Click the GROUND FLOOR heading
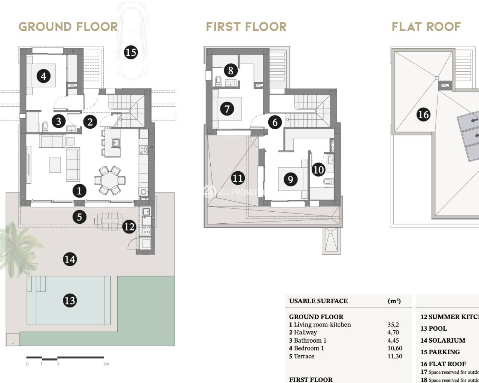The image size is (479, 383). [68, 27]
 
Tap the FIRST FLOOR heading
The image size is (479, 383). [246, 27]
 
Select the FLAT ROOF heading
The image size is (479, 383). [426, 27]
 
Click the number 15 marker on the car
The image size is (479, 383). [131, 52]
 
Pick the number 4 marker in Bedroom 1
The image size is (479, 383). [43, 76]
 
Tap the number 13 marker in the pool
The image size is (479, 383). [70, 300]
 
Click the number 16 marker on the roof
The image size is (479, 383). [423, 114]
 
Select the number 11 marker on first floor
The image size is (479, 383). [238, 178]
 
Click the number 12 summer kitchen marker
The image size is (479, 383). [129, 227]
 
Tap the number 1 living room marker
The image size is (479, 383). [79, 191]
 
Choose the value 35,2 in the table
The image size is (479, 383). [393, 325]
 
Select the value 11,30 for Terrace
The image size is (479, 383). [394, 356]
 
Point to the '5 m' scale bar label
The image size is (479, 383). [106, 364]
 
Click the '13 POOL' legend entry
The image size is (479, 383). [433, 328]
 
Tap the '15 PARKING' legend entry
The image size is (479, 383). [440, 352]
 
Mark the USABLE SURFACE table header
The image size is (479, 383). [318, 301]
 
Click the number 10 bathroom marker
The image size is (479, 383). [318, 170]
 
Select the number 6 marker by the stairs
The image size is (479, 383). [275, 122]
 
